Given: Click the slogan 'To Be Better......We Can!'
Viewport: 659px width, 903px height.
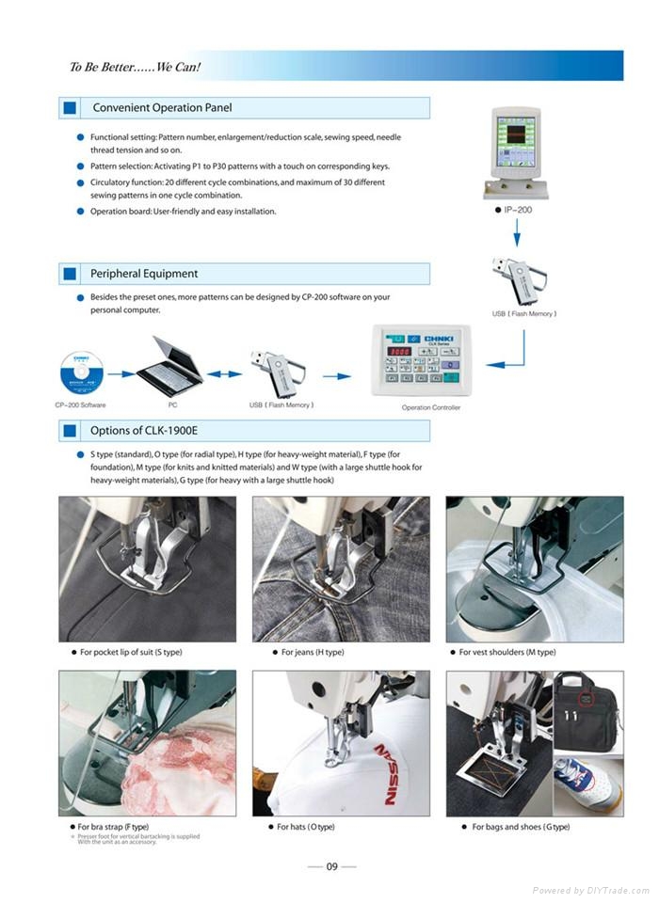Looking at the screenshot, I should coord(135,68).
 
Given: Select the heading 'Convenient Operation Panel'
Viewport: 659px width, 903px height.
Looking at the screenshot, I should coord(161,108).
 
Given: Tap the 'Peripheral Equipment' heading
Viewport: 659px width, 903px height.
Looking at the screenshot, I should coord(144,274).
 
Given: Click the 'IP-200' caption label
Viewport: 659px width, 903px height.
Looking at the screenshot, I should coord(518,210).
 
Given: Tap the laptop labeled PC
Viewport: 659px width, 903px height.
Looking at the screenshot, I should coord(169,366).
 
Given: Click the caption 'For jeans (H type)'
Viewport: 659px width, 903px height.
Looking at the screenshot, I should coord(313,652).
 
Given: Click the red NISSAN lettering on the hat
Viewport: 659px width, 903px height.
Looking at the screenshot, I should coord(389,773).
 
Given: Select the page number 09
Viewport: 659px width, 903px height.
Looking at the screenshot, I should coord(331,867).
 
